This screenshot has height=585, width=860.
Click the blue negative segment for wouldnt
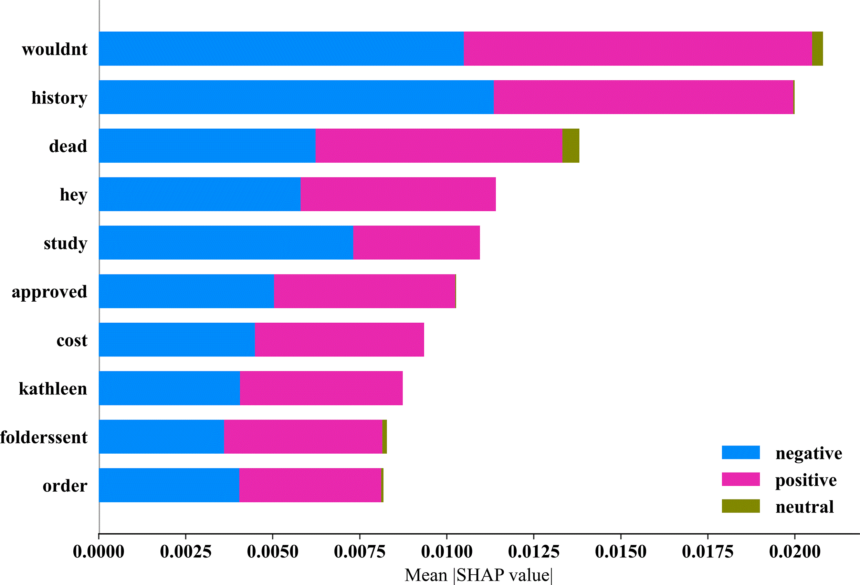coord(281,49)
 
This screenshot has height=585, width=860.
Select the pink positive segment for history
coord(643,97)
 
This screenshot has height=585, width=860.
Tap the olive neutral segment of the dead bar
coord(570,145)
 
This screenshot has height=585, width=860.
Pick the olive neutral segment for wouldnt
coord(817,49)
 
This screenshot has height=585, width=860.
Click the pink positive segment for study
coord(416,243)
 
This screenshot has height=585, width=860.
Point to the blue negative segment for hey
coord(200,194)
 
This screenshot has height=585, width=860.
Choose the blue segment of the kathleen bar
coord(169,388)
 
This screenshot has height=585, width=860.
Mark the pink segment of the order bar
coord(310,485)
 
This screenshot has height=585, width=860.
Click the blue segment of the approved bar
coord(187,291)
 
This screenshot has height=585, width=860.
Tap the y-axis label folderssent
coord(44,437)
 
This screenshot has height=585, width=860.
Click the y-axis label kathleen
coord(53,389)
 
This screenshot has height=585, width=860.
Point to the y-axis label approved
coord(50,292)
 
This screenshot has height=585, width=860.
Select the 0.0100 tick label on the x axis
coord(447,552)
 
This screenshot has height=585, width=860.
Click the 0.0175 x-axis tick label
coord(707,552)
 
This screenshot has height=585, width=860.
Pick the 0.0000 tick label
coord(98,552)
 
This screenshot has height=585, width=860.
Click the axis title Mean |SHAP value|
coord(479,575)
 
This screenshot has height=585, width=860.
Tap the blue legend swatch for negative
coord(741,452)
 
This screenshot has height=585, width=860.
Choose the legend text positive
coord(806,480)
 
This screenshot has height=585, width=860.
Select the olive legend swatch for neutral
coord(741,506)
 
